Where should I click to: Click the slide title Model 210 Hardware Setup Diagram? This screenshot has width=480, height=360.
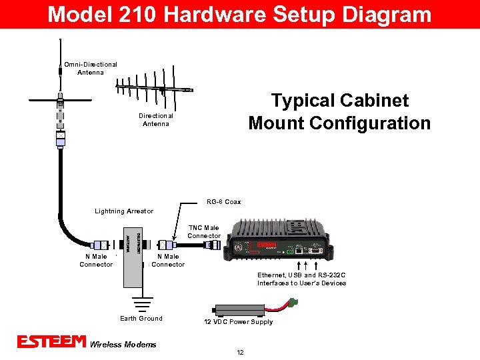(x=239, y=14)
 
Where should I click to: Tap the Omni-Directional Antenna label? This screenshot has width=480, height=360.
(x=91, y=68)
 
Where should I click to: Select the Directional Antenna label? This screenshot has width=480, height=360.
(x=156, y=119)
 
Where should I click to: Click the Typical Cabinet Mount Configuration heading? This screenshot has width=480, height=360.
(x=339, y=112)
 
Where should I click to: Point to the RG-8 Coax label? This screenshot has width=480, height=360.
(x=223, y=201)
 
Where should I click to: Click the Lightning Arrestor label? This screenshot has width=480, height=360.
(x=124, y=211)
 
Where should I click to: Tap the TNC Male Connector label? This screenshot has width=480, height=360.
(x=204, y=232)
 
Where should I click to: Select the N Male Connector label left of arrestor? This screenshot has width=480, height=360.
(x=96, y=261)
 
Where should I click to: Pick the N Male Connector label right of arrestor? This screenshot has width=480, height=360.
(x=168, y=261)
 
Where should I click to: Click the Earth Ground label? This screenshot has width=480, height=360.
(x=141, y=319)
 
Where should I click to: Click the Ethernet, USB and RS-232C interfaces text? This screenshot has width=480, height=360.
(x=302, y=279)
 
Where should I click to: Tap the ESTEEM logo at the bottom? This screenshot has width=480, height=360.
(x=51, y=342)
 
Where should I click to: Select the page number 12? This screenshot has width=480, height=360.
(x=239, y=352)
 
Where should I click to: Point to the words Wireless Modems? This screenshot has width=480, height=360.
(x=123, y=345)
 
